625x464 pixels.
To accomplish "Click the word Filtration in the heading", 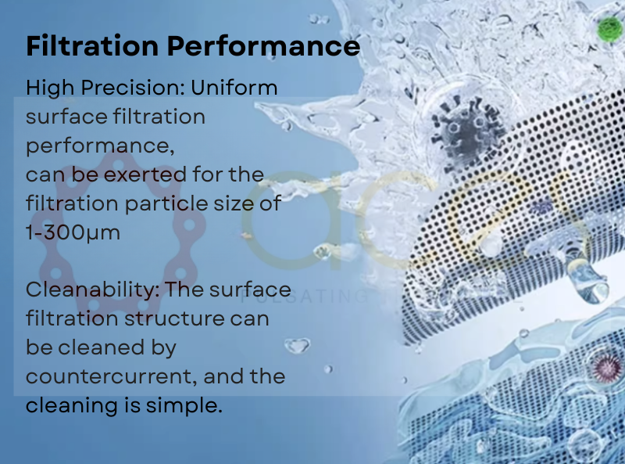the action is pyautogui.click(x=92, y=45).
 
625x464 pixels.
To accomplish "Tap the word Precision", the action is pyautogui.click(x=133, y=88).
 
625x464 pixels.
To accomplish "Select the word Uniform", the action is pyautogui.click(x=234, y=88).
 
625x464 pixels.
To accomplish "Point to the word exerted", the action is pyautogui.click(x=145, y=174).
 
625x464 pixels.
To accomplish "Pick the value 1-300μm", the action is pyautogui.click(x=73, y=233).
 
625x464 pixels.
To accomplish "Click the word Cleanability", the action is pyautogui.click(x=92, y=290).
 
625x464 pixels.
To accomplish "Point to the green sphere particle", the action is pyautogui.click(x=609, y=29).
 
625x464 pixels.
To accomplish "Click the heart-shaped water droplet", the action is pyautogui.click(x=298, y=345).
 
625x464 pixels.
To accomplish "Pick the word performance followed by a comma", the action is pyautogui.click(x=100, y=146).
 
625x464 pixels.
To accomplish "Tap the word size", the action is pyautogui.click(x=238, y=203).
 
